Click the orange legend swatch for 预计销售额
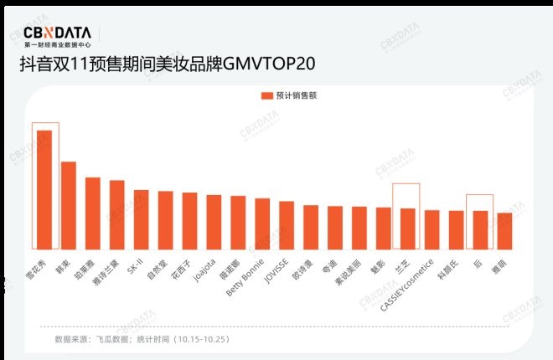tap(267, 95)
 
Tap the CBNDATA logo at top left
tap(58, 34)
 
